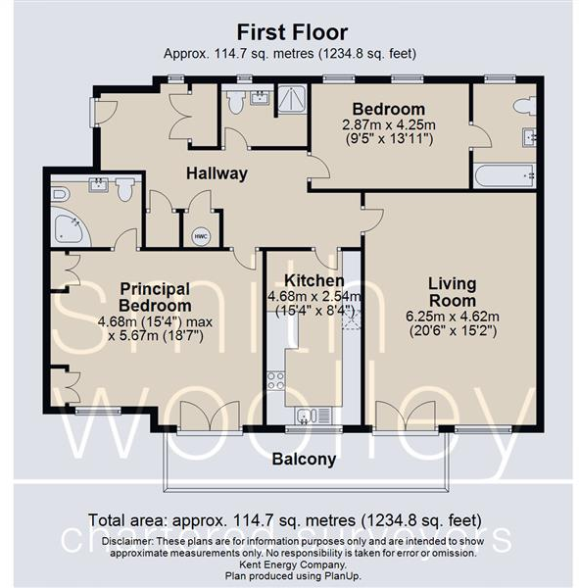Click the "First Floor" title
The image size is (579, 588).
tap(290, 32)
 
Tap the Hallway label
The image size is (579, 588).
tap(217, 173)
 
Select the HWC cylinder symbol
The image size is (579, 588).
tap(200, 236)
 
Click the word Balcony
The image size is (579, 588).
tap(304, 459)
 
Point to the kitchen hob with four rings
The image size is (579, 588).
tap(275, 379)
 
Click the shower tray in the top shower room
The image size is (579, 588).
tap(291, 101)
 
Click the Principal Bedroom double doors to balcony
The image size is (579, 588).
tap(209, 416)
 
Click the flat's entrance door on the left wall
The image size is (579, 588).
tap(102, 112)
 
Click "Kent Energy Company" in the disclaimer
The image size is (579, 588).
tap(290, 564)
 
